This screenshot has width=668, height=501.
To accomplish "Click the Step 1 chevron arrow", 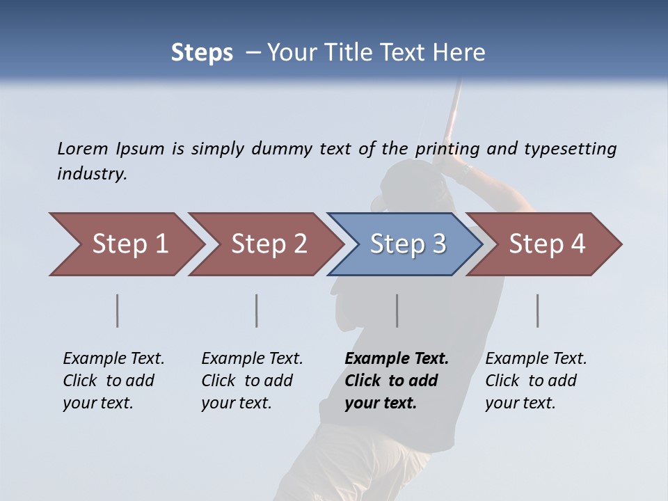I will click(129, 244).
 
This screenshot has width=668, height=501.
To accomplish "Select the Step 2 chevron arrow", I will click(269, 244).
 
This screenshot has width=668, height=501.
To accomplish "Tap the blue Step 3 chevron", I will click(408, 244).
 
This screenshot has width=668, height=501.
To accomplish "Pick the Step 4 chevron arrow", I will click(547, 244).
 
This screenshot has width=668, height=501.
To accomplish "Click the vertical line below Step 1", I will click(117, 310).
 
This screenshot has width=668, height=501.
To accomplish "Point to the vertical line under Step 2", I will click(257, 310).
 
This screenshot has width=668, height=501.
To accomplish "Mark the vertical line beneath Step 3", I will click(397, 310).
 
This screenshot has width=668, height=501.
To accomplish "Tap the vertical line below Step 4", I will click(537, 310).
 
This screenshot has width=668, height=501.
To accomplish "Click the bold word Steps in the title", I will click(202, 53).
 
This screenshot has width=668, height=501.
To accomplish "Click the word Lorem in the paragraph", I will click(82, 148).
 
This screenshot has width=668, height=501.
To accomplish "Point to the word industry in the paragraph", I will click(92, 173).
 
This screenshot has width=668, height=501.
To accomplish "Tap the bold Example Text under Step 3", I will click(397, 358).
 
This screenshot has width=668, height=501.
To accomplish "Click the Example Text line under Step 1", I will click(113, 358).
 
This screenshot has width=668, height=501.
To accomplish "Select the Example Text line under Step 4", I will click(536, 358).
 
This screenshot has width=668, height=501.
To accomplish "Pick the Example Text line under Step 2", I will click(252, 358).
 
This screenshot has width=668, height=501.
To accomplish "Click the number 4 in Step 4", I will click(578, 244).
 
